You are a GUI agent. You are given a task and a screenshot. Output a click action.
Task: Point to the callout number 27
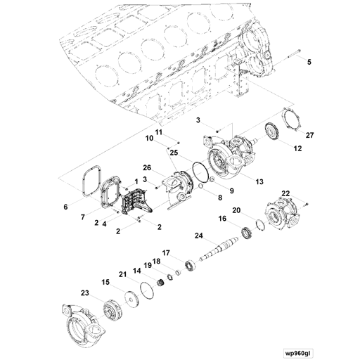pyautogui.click(x=309, y=135)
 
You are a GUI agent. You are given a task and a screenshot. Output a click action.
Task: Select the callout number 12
pyautogui.click(x=297, y=148)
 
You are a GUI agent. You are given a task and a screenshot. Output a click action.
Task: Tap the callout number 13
pyautogui.click(x=259, y=182)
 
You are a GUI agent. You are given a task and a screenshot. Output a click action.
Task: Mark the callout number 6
pyautogui.click(x=66, y=208)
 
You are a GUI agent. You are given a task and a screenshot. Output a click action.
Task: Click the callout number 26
pyautogui.click(x=147, y=167)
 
